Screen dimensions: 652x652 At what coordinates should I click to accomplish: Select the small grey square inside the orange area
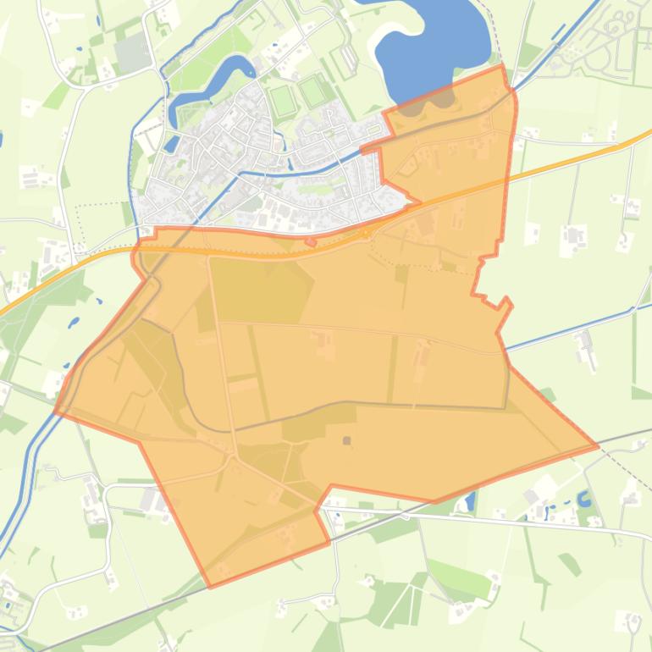click(346, 440)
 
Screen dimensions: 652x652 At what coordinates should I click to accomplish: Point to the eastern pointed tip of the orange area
click(598, 445)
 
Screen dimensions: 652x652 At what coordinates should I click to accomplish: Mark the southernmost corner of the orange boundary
click(210, 586)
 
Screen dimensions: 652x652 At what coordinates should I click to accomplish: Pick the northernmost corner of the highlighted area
click(504, 66)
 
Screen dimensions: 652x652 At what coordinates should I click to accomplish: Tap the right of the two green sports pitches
click(313, 91)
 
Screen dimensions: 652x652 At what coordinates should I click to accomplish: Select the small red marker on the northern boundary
click(311, 242)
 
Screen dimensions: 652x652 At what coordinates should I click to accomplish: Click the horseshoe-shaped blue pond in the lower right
click(584, 499)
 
